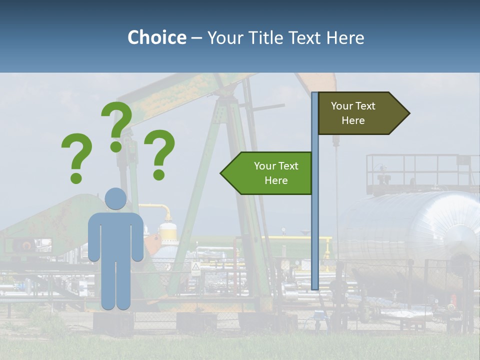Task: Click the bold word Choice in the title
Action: click(156, 38)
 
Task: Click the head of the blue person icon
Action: click(115, 198)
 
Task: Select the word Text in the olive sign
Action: click(365, 106)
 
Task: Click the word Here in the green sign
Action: click(276, 180)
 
